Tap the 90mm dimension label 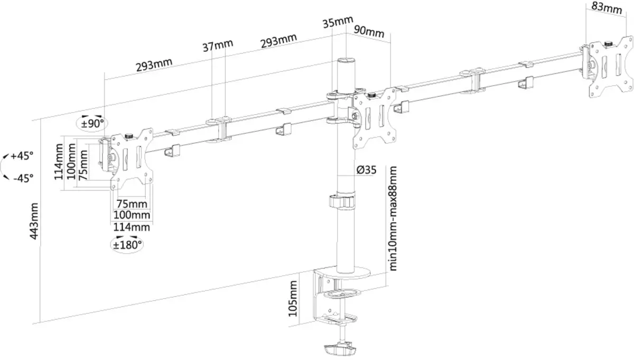[x=368, y=32]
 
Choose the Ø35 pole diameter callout [x=366, y=170]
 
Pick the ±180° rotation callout [x=127, y=244]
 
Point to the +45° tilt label [x=22, y=156]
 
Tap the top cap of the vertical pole [x=346, y=61]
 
